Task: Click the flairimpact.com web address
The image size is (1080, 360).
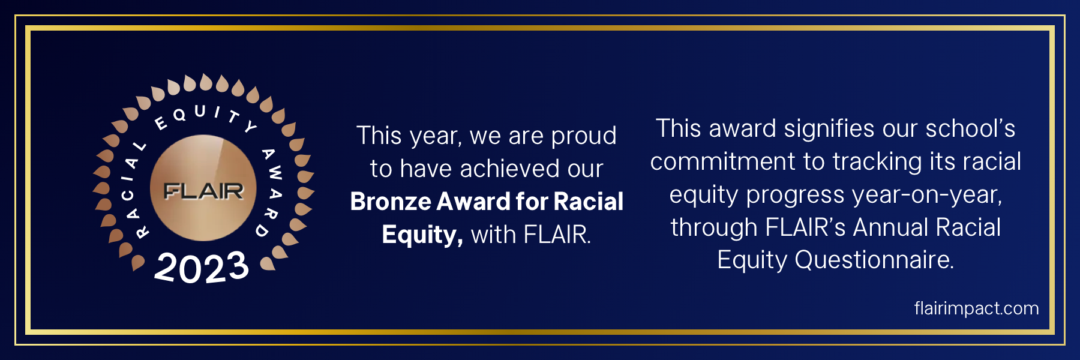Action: (x=976, y=308)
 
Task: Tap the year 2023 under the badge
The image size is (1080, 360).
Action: (x=202, y=268)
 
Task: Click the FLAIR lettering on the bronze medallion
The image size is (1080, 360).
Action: (x=203, y=191)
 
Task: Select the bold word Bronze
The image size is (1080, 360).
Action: (x=391, y=202)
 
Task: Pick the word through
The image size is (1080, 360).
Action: (x=714, y=228)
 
